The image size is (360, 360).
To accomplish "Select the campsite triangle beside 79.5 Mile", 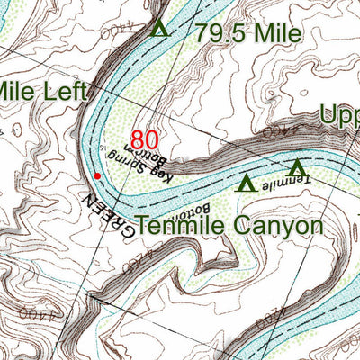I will pyautogui.click(x=160, y=28).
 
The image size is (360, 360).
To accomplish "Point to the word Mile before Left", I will pyautogui.click(x=16, y=91).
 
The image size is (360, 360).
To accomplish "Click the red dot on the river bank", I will pyautogui.click(x=97, y=175).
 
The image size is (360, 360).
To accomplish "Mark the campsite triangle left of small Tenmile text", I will pyautogui.click(x=244, y=184).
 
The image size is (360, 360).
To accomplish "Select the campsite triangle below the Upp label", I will pyautogui.click(x=297, y=168).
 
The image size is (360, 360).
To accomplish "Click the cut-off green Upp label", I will pyautogui.click(x=340, y=116).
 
